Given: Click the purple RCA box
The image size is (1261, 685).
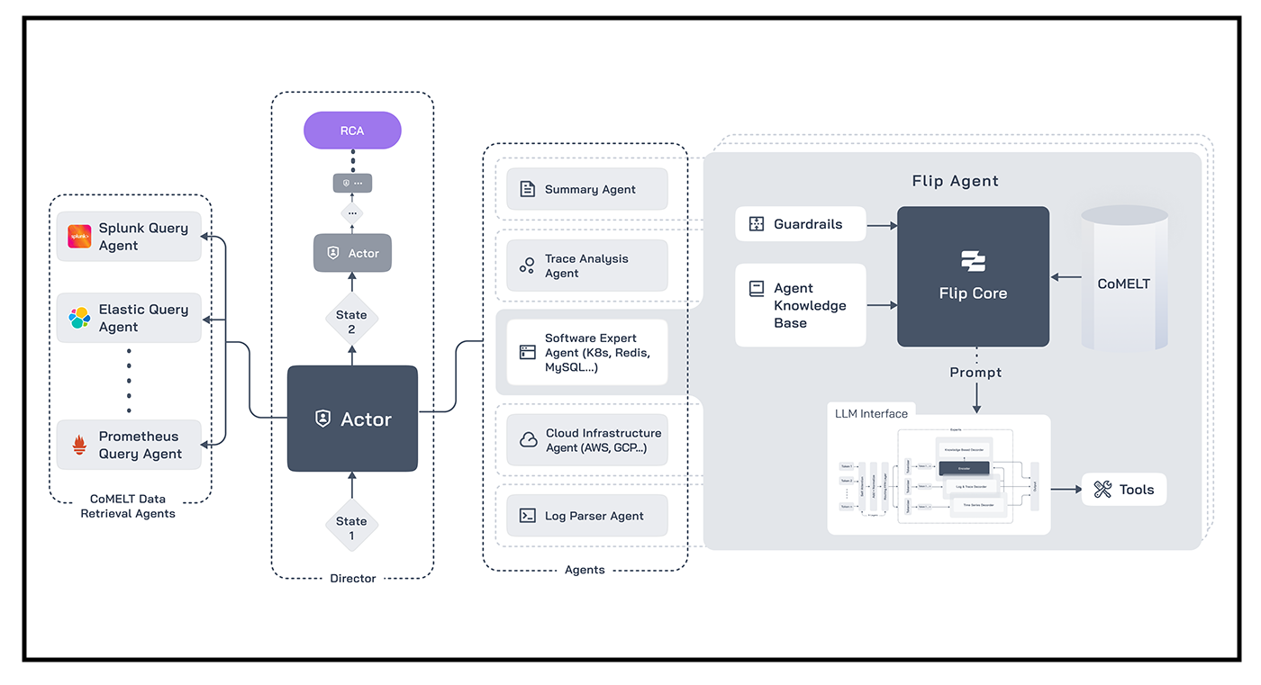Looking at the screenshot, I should pyautogui.click(x=352, y=131).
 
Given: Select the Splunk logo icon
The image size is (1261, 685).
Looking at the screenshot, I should pyautogui.click(x=80, y=237).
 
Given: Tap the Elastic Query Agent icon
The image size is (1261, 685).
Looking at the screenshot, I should pyautogui.click(x=80, y=318).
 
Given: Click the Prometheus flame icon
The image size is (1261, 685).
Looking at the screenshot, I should pyautogui.click(x=80, y=445).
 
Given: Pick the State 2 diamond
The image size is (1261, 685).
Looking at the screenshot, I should pyautogui.click(x=351, y=321).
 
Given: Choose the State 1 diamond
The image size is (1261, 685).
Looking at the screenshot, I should pyautogui.click(x=351, y=527).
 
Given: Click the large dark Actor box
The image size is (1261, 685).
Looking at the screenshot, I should pyautogui.click(x=352, y=419).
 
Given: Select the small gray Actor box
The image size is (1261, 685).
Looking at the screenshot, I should pyautogui.click(x=352, y=253).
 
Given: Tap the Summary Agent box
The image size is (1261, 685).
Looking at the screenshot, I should pyautogui.click(x=587, y=189).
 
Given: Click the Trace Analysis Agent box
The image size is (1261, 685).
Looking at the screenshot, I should pyautogui.click(x=587, y=266).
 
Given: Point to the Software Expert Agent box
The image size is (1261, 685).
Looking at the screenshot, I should pyautogui.click(x=587, y=352).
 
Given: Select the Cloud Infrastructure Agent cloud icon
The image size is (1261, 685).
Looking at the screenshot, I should pyautogui.click(x=529, y=440).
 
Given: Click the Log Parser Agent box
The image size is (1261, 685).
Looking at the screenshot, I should pyautogui.click(x=587, y=516).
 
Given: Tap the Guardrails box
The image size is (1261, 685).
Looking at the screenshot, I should pyautogui.click(x=801, y=224).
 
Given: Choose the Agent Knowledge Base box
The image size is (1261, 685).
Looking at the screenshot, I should pyautogui.click(x=801, y=305).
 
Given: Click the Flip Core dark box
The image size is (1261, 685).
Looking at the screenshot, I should pyautogui.click(x=973, y=276).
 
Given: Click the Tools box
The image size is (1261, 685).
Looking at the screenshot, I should pyautogui.click(x=1124, y=490).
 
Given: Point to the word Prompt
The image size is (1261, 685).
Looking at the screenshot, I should pyautogui.click(x=975, y=373).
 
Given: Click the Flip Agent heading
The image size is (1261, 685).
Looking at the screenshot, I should pyautogui.click(x=955, y=181).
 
